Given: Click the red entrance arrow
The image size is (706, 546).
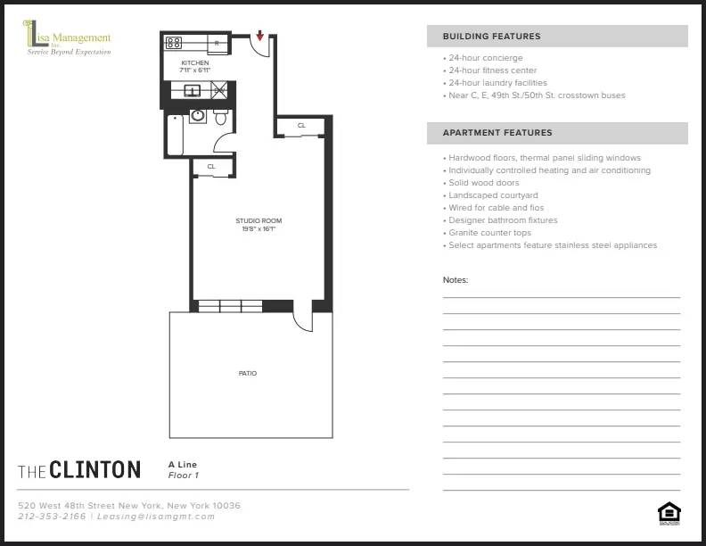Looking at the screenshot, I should pyautogui.click(x=259, y=36).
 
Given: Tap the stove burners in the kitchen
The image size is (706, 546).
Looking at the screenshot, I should pyautogui.click(x=174, y=42).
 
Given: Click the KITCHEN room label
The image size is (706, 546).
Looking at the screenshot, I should pyautogui.click(x=194, y=63).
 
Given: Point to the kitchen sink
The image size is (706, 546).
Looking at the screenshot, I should pyautogui.click(x=192, y=90).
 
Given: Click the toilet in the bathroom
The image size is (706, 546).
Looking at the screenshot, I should pyautogui.click(x=221, y=118).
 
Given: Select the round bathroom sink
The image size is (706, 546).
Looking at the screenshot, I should pyautogui.click(x=198, y=117).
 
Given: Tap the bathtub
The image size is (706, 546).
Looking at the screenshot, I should pyautogui.click(x=175, y=135).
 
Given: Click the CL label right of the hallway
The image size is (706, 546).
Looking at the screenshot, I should pyautogui.click(x=301, y=126).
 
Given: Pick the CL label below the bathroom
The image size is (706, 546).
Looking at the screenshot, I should pyautogui.click(x=211, y=167).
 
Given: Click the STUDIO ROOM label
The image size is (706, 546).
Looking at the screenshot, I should pyautogui.click(x=252, y=220).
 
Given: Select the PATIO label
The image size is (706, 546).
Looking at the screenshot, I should pyautogui.click(x=248, y=373).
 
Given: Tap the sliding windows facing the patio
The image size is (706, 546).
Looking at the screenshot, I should pyautogui.click(x=230, y=306).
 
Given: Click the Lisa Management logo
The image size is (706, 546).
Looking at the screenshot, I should pyautogui.click(x=67, y=41).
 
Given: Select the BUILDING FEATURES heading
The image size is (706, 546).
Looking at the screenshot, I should pyautogui.click(x=491, y=37).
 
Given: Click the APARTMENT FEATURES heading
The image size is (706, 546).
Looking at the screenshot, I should pyautogui.click(x=497, y=133).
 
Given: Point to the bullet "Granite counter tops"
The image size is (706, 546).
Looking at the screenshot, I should pyautogui.click(x=489, y=233).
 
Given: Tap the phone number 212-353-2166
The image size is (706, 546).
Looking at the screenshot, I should pyautogui.click(x=52, y=517).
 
